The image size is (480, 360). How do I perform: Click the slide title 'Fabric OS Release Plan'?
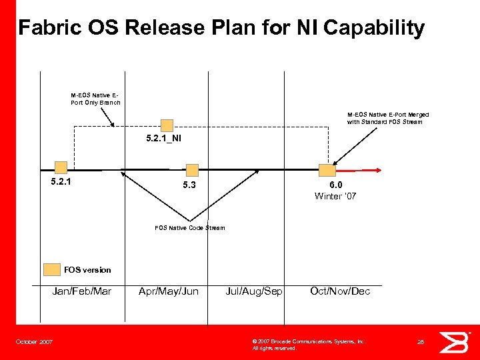tap(221, 28)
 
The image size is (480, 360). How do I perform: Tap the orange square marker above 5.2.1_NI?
tap(167, 125)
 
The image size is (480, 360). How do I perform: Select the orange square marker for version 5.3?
tap(192, 170)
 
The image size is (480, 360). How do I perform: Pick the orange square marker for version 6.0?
tap(327, 170)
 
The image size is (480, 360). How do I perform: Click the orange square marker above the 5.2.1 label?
tap(61, 167)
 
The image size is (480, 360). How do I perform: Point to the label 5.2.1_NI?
tap(163, 139)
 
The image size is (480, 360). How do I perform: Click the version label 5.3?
tap(190, 185)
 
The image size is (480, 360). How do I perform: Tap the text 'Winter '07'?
tap(335, 196)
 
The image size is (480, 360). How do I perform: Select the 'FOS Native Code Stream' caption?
tap(190, 228)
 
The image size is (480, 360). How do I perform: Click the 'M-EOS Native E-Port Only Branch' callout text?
tap(95, 98)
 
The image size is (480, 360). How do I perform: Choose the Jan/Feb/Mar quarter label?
tap(82, 291)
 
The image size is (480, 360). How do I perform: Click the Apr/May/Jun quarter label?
tap(168, 291)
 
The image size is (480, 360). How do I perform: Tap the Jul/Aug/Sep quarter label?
tap(254, 291)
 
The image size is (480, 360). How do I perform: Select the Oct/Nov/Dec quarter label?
tap(339, 291)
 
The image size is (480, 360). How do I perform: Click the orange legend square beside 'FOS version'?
tap(51, 269)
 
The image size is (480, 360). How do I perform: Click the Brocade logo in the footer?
tap(453, 342)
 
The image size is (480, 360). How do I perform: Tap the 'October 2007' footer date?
tap(35, 342)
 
